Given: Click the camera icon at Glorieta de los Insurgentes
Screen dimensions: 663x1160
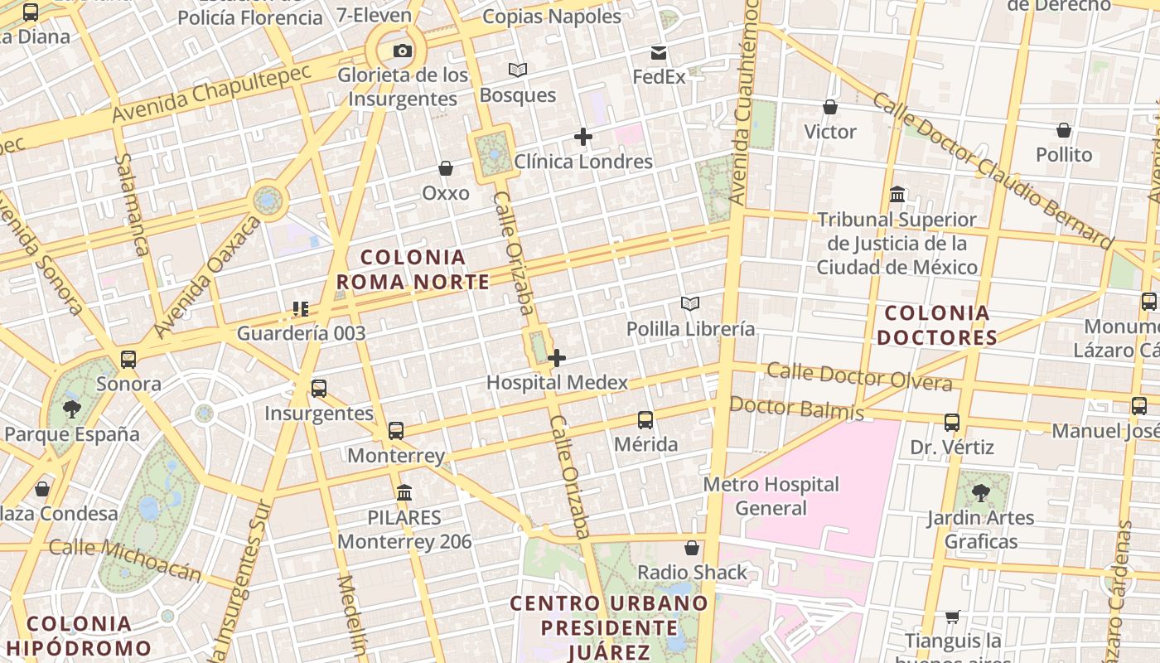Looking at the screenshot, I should click(403, 51).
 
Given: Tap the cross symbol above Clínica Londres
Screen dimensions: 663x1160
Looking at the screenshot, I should click(583, 137).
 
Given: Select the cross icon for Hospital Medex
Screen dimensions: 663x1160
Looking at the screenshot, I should click(557, 358).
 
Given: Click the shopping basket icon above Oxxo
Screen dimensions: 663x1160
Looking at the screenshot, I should click(446, 169).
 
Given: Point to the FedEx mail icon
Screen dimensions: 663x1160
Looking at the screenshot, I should click(659, 53).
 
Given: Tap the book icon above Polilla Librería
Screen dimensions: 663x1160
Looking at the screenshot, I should click(690, 304).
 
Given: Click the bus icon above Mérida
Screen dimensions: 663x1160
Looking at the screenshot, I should click(645, 420).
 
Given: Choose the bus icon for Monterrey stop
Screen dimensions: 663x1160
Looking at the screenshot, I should click(396, 431).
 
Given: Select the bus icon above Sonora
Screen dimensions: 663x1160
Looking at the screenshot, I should click(128, 360).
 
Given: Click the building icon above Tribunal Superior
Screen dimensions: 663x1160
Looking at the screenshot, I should click(897, 195).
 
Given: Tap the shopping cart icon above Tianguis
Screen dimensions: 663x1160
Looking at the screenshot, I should click(953, 617).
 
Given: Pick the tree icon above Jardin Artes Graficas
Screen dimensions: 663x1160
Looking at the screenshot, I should click(981, 493).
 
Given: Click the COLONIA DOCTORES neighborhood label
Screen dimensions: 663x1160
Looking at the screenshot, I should click(937, 326).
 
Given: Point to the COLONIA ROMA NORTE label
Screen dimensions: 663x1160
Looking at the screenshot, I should click(413, 269).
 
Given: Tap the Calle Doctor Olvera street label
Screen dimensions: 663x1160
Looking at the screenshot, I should click(859, 376).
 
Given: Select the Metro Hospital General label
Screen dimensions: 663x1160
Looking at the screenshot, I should click(771, 496).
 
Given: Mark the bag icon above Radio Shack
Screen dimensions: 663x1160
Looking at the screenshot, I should click(692, 548).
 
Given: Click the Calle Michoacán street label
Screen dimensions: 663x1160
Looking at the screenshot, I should click(125, 559).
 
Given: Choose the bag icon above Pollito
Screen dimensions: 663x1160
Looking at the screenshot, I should click(1064, 131).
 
